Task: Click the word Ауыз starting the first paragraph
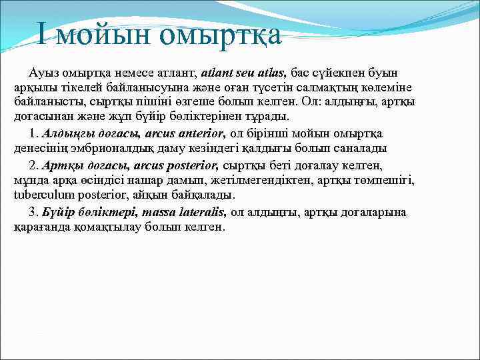[44, 72]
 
